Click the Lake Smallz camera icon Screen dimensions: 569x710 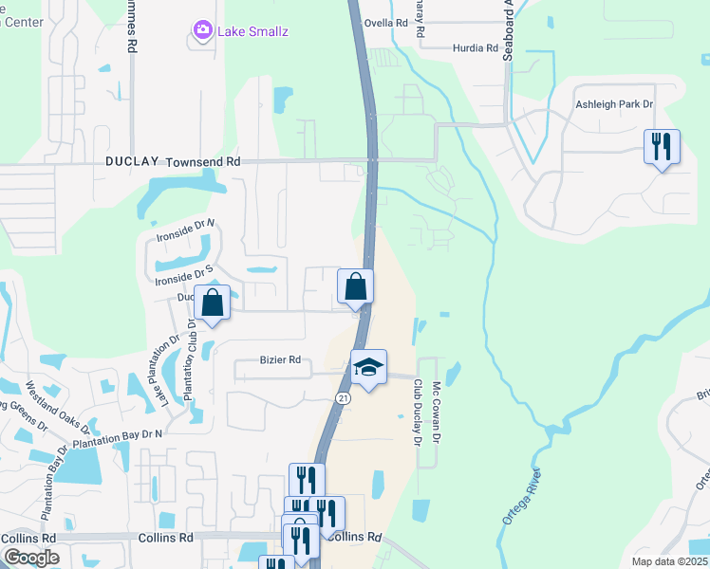pos(201,31)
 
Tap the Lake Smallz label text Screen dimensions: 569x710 pos(252,31)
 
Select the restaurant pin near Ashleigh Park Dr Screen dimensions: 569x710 pos(662,147)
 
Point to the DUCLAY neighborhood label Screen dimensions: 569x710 pos(132,162)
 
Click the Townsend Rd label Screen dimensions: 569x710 pos(203,162)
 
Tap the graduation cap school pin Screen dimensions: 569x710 pos(368,368)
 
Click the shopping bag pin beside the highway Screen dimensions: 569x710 pos(356,286)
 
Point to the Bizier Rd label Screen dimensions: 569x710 pos(280,360)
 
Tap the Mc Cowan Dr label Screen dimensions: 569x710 pos(437,411)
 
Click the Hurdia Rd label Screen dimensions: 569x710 pos(476,47)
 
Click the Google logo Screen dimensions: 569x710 pos(31,558)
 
